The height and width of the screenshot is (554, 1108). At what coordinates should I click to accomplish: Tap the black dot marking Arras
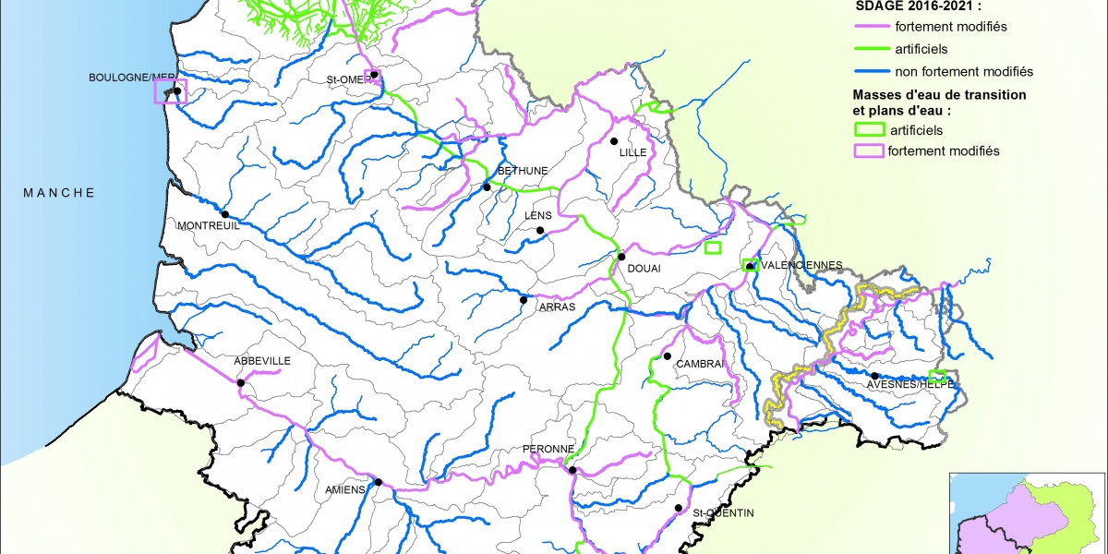click(524, 299)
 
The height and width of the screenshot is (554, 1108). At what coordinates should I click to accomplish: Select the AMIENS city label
click(346, 490)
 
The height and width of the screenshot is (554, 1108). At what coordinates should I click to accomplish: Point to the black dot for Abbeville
click(241, 382)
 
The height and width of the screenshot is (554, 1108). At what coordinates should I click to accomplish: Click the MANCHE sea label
click(59, 193)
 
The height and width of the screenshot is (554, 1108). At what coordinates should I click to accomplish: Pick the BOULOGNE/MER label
click(130, 77)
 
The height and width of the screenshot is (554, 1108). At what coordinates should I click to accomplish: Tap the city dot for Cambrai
click(667, 356)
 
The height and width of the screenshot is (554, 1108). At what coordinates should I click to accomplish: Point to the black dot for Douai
click(622, 257)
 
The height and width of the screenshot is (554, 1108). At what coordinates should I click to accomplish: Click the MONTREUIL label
click(208, 226)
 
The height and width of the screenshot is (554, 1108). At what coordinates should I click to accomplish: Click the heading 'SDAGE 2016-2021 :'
click(908, 5)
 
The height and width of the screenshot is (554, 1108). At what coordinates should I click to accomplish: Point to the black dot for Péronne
click(572, 470)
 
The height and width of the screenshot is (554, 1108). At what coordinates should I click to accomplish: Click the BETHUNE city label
click(523, 171)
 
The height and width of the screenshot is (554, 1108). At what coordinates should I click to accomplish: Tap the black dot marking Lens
click(542, 231)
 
